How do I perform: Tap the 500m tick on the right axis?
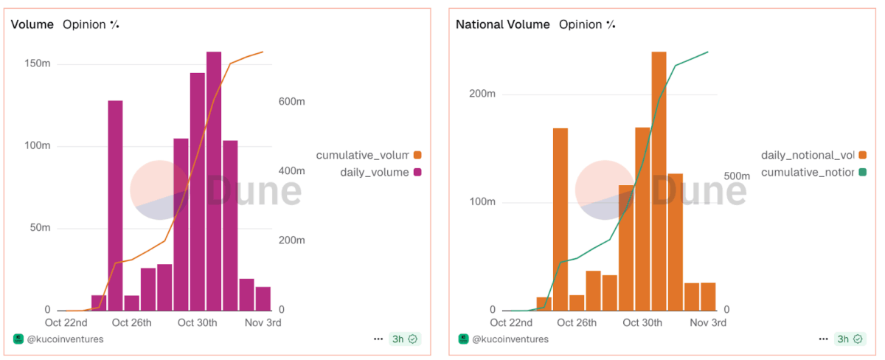click(735, 176)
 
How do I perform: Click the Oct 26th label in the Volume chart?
click(131, 322)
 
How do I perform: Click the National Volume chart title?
click(503, 24)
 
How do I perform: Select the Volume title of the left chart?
click(32, 24)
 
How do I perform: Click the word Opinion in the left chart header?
click(85, 24)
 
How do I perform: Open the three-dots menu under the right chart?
click(823, 339)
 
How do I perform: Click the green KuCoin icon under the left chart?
click(18, 339)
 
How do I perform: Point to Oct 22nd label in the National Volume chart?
click(511, 322)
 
